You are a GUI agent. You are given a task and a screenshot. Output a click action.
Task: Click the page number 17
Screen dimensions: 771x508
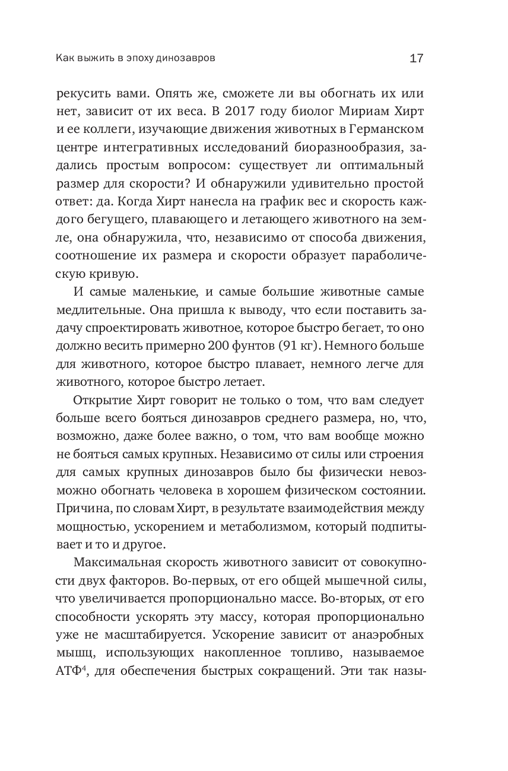[415, 58]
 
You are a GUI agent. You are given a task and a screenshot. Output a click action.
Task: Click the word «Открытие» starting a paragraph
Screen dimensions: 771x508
[102, 402]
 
